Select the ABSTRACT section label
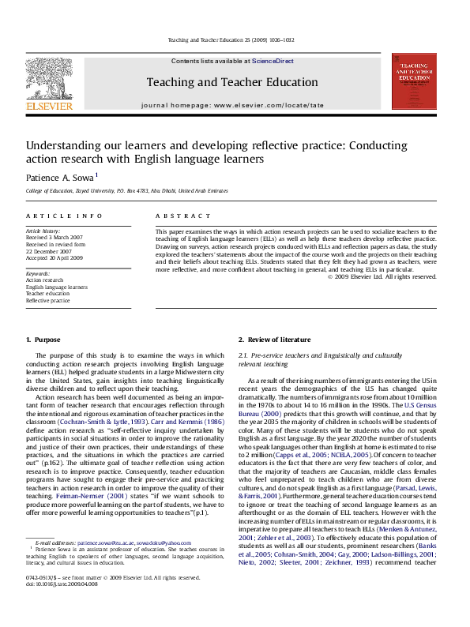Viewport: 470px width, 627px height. coord(175,215)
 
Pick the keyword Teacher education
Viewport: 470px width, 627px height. coord(47,294)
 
